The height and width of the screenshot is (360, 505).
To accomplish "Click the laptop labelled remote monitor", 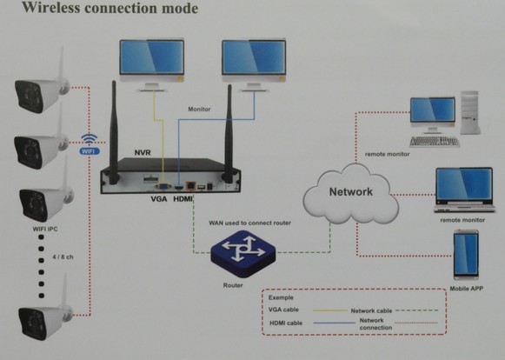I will [x=462, y=190].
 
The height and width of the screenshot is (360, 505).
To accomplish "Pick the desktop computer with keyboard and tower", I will [x=445, y=120].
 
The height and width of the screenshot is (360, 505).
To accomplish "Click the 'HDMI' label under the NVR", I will [x=183, y=199].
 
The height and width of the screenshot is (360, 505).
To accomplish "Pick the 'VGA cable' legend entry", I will [x=288, y=309].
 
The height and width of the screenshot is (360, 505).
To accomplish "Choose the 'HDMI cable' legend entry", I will [x=289, y=324].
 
